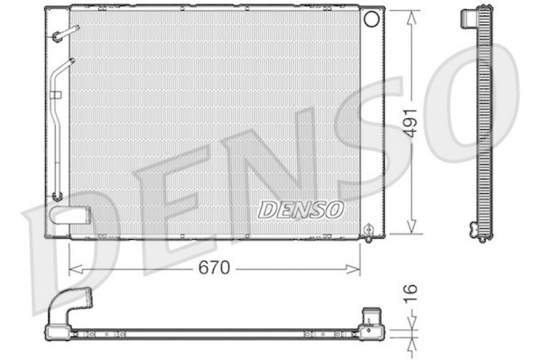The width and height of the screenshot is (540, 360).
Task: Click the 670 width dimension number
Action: coord(214,268)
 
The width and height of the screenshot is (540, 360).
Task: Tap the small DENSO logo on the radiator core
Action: coord(301,210)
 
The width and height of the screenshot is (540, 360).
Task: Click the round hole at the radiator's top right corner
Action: coord(371,18)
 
